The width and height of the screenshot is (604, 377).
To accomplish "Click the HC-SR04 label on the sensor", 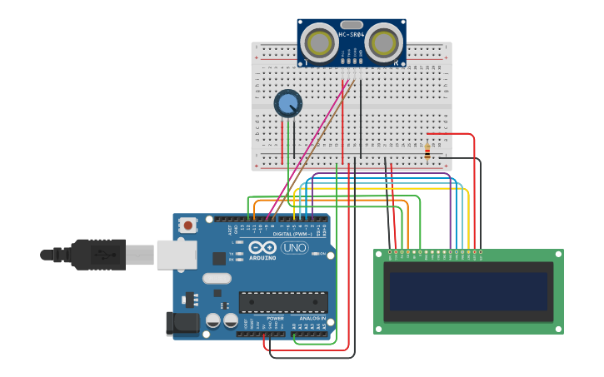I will pos(352,35).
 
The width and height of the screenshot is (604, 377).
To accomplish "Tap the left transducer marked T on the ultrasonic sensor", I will pos(319,42).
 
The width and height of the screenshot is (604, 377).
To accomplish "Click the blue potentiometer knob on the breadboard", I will pos(287,104).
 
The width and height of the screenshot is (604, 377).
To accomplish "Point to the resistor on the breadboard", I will pos(427,152).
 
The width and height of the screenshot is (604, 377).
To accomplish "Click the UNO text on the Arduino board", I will pos(293,248).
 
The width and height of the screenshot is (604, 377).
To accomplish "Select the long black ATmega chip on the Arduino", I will pos(282,303).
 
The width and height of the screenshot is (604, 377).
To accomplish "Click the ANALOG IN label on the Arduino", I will pos(310,318).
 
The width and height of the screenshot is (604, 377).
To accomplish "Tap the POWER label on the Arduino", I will pos(275,318).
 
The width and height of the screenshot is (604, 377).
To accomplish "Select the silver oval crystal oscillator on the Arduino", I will pos(216,280).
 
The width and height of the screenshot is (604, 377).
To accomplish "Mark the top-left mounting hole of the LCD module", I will pos(379,255).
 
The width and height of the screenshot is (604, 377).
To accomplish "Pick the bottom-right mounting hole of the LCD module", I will pos(557,328).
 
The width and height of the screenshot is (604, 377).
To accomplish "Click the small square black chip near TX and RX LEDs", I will pos(220,258).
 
